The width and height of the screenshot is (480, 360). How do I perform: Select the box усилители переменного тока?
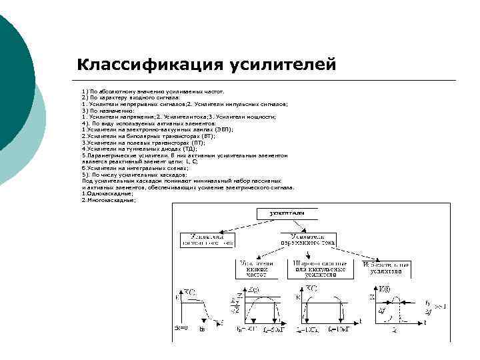click(309, 240)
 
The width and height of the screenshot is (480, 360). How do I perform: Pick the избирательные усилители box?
click(383, 269)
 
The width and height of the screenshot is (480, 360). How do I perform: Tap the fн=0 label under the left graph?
click(181, 328)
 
